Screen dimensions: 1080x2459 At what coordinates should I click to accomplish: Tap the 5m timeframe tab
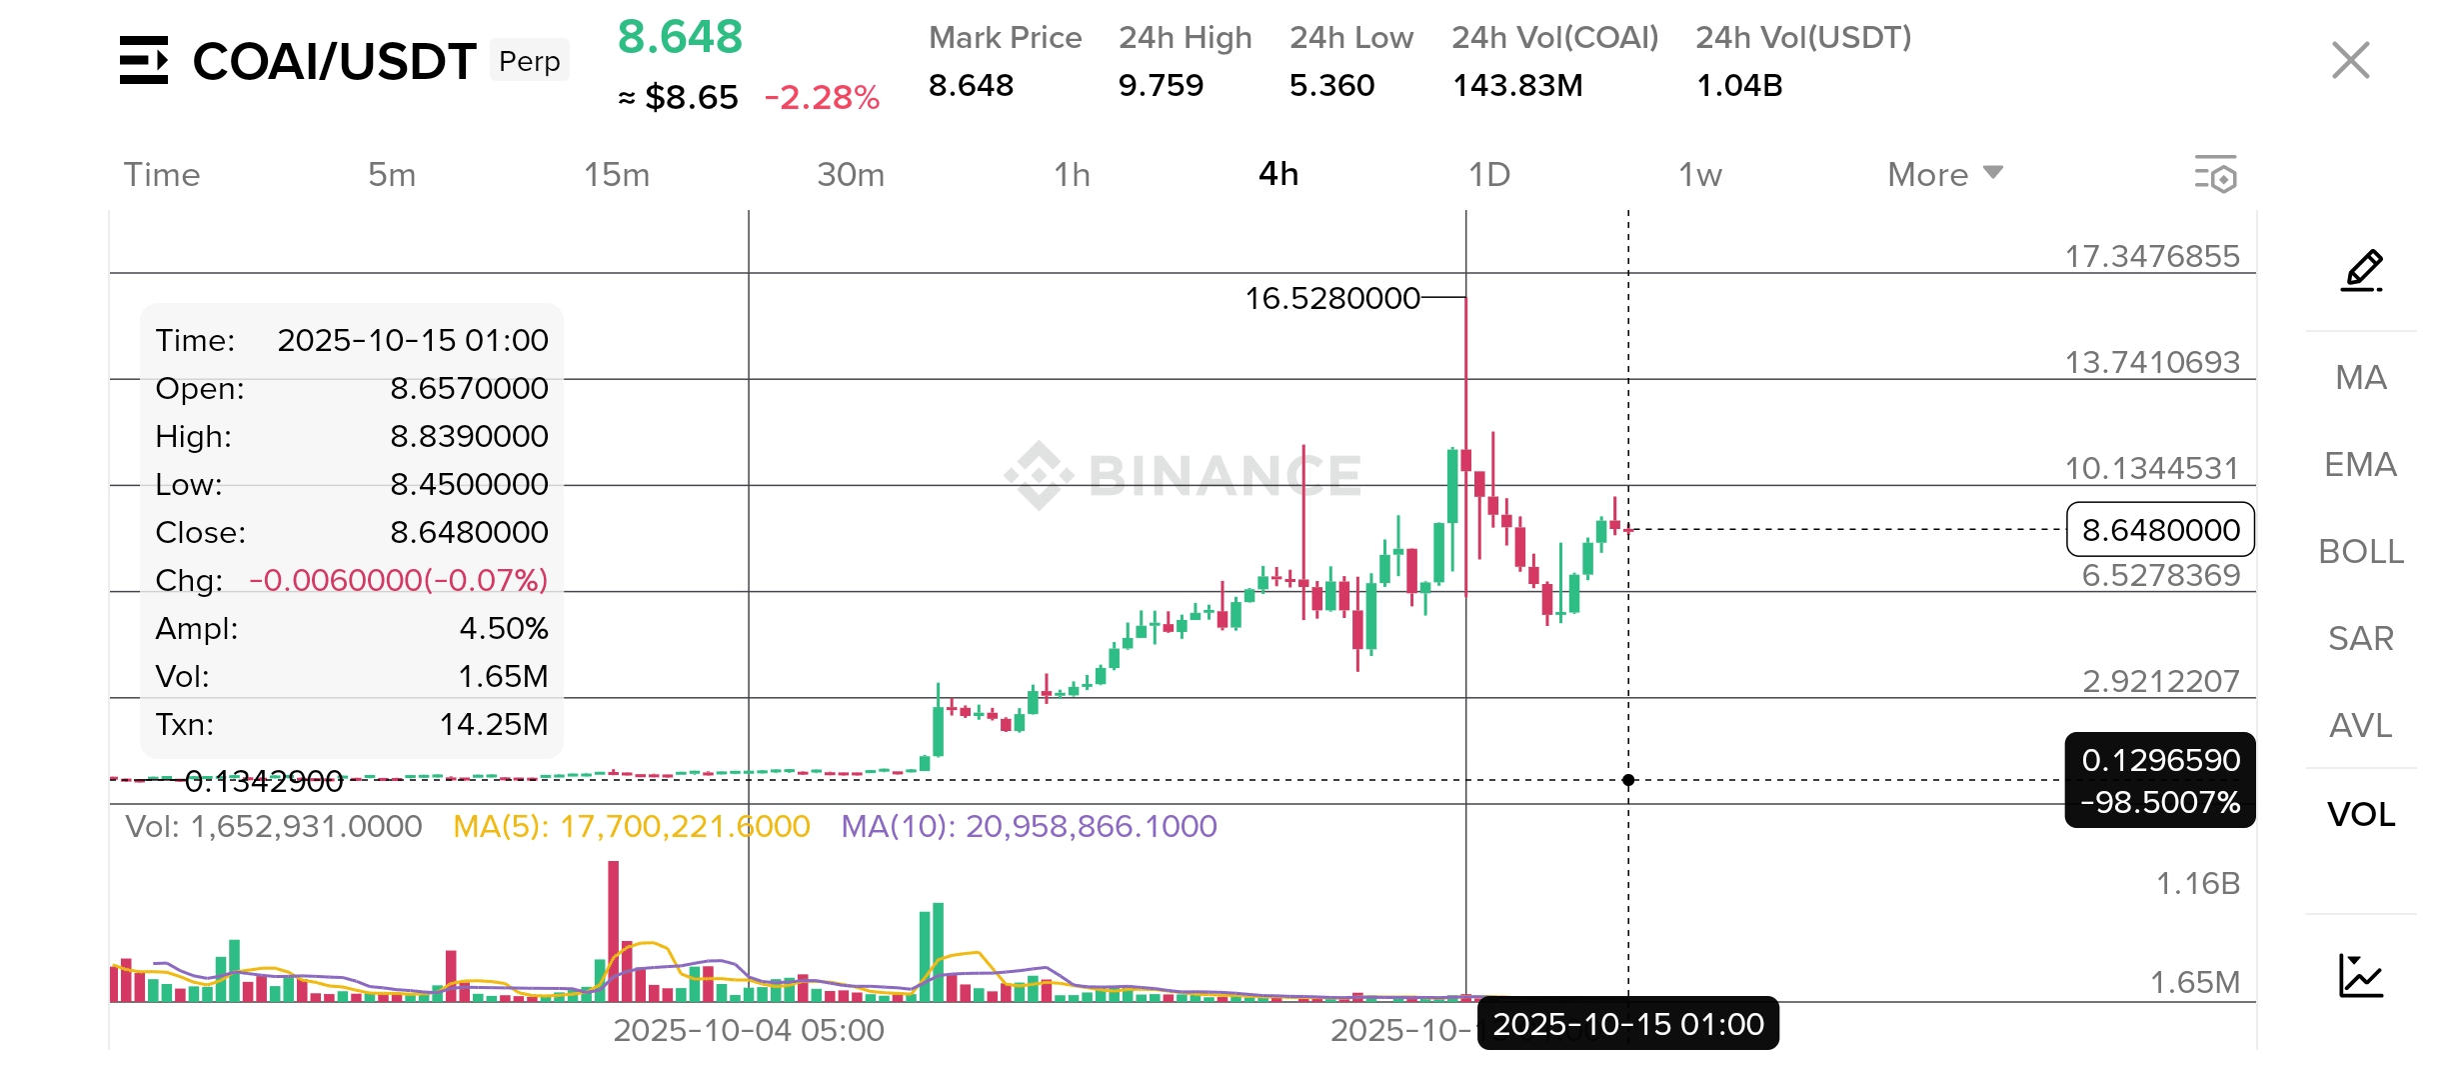click(x=391, y=175)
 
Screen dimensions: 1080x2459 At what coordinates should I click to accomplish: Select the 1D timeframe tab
click(x=1488, y=175)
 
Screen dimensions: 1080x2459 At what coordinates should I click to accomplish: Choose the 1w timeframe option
click(x=1699, y=175)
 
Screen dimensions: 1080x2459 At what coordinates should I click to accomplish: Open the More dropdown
click(x=1944, y=175)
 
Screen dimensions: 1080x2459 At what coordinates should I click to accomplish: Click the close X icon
click(x=2350, y=60)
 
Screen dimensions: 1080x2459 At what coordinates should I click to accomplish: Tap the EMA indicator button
click(x=2360, y=465)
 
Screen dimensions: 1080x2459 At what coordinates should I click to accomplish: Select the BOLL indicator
click(x=2360, y=552)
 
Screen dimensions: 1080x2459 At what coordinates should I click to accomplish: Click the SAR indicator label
click(x=2360, y=639)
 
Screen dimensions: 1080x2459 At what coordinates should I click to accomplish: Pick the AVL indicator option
click(x=2360, y=726)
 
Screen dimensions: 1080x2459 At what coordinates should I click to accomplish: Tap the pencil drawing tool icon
click(x=2362, y=271)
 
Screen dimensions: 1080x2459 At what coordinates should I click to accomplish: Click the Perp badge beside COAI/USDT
click(x=529, y=62)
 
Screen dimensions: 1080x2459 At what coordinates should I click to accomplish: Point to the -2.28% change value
click(x=821, y=98)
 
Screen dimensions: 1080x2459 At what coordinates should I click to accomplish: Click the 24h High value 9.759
click(x=1161, y=86)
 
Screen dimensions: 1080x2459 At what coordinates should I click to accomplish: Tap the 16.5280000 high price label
click(x=1331, y=298)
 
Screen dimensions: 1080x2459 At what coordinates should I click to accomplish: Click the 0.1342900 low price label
click(x=264, y=781)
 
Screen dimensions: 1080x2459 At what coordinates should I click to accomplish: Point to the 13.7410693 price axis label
click(x=2152, y=362)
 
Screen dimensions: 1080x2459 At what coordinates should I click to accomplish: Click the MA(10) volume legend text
click(x=1029, y=826)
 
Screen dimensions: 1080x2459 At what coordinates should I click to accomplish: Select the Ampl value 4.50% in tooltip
click(x=503, y=628)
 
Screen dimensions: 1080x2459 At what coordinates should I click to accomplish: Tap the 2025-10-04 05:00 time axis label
click(x=748, y=1030)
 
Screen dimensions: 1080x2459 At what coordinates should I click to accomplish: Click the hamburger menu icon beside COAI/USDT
click(x=144, y=60)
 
